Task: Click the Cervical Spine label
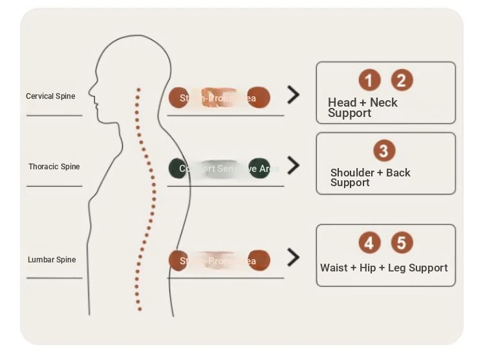tap(50, 96)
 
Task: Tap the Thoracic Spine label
tap(54, 167)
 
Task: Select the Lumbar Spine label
tap(52, 260)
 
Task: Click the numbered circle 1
tap(369, 81)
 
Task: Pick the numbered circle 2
tap(402, 81)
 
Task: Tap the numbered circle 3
tap(384, 151)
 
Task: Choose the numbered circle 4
tap(369, 243)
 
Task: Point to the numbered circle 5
tap(402, 243)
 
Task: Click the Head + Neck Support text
tap(362, 107)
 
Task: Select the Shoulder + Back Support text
tap(370, 177)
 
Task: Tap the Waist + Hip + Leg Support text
tap(384, 268)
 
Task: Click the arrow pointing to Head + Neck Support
tap(294, 96)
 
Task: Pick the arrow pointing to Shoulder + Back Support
tap(294, 166)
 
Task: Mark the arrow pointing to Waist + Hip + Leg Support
tap(294, 259)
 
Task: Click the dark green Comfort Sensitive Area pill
tap(219, 168)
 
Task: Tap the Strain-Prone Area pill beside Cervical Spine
tap(219, 98)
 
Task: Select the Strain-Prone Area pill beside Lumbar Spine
tap(219, 260)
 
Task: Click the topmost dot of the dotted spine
tap(138, 90)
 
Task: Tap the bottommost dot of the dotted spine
tap(138, 309)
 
